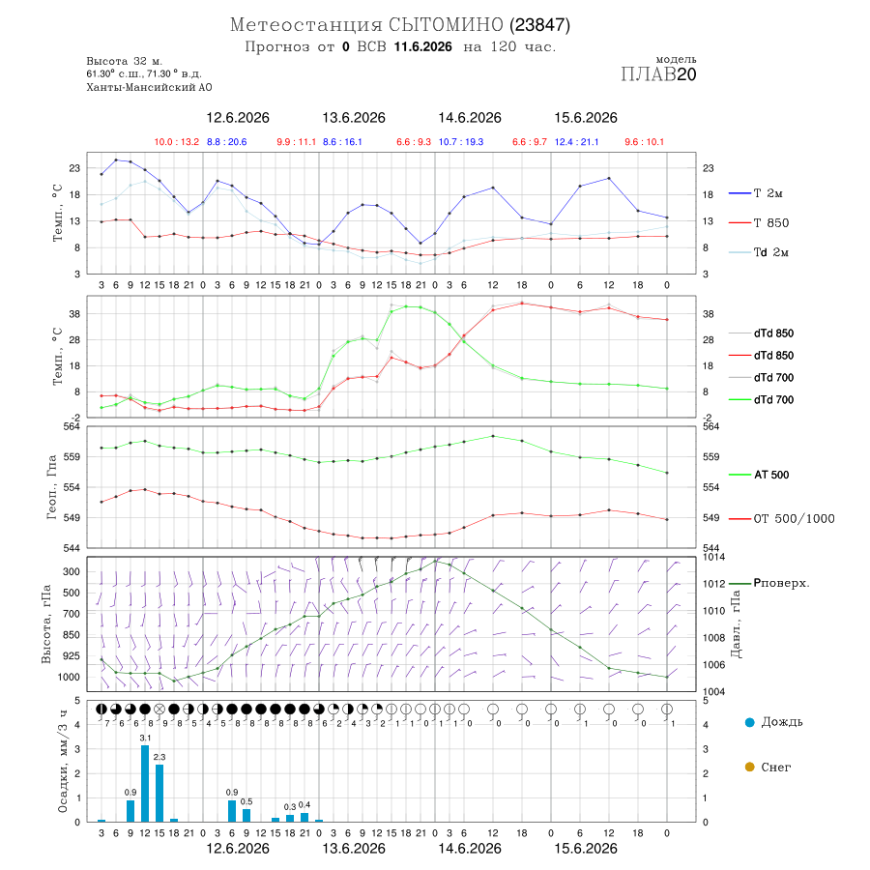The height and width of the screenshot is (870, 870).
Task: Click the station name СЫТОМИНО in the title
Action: pos(446,25)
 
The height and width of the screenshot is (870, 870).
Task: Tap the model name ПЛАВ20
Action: pos(658,74)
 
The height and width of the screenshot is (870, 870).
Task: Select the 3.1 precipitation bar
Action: pos(145,783)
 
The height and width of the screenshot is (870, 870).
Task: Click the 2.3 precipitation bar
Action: pos(159,793)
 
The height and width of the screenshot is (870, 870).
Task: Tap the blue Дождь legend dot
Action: pos(749,722)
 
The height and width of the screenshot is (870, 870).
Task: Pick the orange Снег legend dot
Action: pos(749,767)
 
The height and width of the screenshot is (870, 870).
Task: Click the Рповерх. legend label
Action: pos(781,583)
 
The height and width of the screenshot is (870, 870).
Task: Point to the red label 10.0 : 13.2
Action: pos(177,142)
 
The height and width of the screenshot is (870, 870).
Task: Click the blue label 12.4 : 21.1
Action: pos(576,142)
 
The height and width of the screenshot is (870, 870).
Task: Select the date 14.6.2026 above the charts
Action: pos(470,118)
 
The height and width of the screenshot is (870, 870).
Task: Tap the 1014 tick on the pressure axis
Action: pos(713,557)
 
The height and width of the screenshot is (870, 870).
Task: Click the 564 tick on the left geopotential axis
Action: pos(72,426)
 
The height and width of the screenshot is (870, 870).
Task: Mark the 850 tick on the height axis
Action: pos(71,635)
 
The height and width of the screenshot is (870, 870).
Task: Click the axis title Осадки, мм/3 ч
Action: pos(63,762)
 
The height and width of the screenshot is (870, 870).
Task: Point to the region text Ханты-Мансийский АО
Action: pos(149,87)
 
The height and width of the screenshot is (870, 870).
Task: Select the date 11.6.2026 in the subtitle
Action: pos(422,46)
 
